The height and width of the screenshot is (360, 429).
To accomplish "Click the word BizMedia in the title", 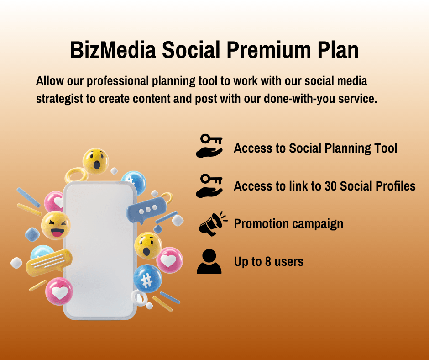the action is pyautogui.click(x=113, y=50).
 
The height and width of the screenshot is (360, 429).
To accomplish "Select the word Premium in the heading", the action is pyautogui.click(x=269, y=50).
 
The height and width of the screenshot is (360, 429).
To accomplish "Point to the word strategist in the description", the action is pyautogui.click(x=59, y=99).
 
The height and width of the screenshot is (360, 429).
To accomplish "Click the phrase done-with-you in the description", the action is pyautogui.click(x=299, y=99).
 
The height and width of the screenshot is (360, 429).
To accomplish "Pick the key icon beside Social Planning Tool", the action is pyautogui.click(x=209, y=146).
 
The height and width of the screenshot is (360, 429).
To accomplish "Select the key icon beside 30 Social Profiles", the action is pyautogui.click(x=209, y=186).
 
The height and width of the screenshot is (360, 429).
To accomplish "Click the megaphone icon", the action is pyautogui.click(x=213, y=223).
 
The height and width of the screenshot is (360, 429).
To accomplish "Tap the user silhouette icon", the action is pyautogui.click(x=209, y=261).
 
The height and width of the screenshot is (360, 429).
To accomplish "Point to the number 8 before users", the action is pyautogui.click(x=268, y=261).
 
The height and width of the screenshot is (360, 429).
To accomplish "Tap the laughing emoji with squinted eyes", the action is pyautogui.click(x=56, y=226).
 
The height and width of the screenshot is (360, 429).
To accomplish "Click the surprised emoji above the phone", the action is pyautogui.click(x=96, y=162).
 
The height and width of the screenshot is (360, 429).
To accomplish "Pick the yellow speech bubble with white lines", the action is pyautogui.click(x=49, y=263).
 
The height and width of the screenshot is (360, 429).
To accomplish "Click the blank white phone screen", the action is pyautogui.click(x=100, y=250).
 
